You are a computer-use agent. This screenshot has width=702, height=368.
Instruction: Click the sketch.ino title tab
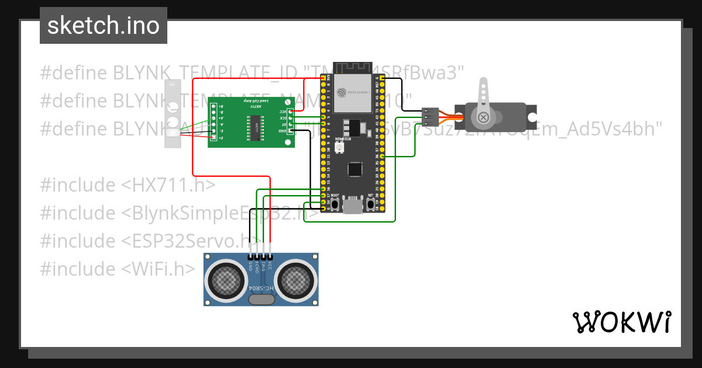[x=103, y=26]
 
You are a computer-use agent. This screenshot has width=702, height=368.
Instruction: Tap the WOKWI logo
[x=621, y=322]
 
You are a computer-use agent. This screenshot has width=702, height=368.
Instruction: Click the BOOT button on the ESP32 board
[x=335, y=204]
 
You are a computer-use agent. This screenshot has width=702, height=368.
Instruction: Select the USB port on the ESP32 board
[x=353, y=206]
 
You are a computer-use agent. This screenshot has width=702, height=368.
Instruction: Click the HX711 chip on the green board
[x=256, y=124]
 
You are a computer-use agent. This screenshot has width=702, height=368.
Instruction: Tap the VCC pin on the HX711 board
[x=290, y=110]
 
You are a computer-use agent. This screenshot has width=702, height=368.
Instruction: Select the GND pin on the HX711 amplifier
[x=290, y=131]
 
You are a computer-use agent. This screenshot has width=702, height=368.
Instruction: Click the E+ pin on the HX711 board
[x=214, y=138]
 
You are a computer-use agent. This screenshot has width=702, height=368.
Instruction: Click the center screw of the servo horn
[x=483, y=118]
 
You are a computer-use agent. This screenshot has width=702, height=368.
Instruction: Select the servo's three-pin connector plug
[x=430, y=117]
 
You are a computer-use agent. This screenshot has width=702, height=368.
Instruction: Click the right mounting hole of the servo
[x=532, y=117]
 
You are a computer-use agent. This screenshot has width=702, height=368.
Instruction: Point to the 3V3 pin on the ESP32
[x=324, y=78]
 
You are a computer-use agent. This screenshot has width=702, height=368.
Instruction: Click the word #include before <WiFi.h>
[x=78, y=269]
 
